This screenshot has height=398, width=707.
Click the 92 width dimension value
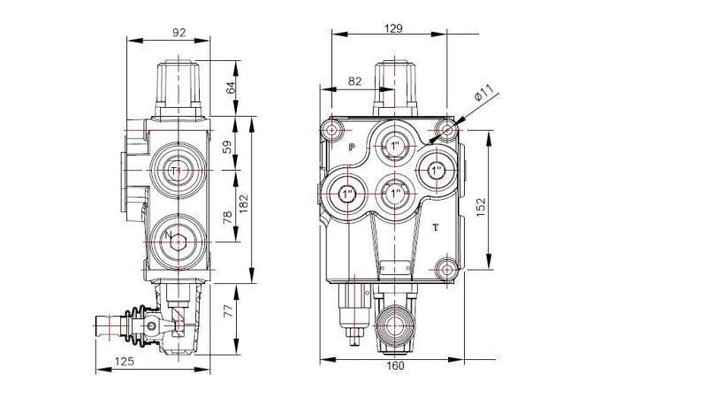[x=179, y=33]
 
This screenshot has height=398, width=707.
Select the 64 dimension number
[x=232, y=88]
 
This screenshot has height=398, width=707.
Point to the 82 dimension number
[x=354, y=81]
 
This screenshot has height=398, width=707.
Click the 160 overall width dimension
[x=393, y=365]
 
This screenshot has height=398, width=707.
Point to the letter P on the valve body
[x=351, y=148]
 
